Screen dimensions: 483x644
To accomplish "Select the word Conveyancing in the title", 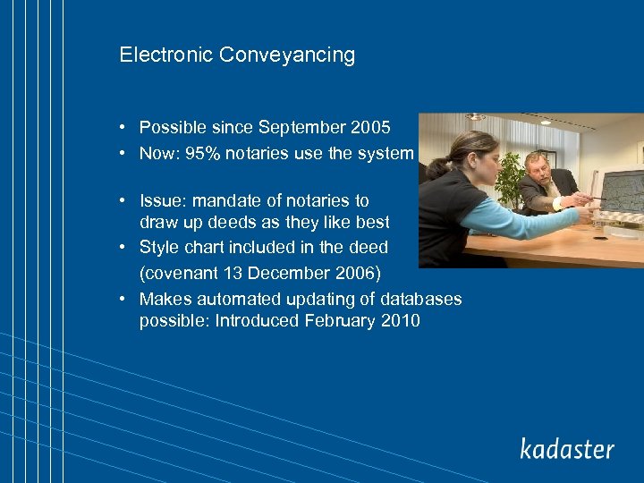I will coord(287,55).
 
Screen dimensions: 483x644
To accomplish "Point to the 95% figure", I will coord(203,153).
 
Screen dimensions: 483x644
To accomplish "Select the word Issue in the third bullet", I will coord(162,200).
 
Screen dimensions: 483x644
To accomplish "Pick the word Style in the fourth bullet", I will coord(159,247).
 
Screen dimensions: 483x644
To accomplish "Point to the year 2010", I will coord(400,321).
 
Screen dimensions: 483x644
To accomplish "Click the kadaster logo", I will coord(567,448).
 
